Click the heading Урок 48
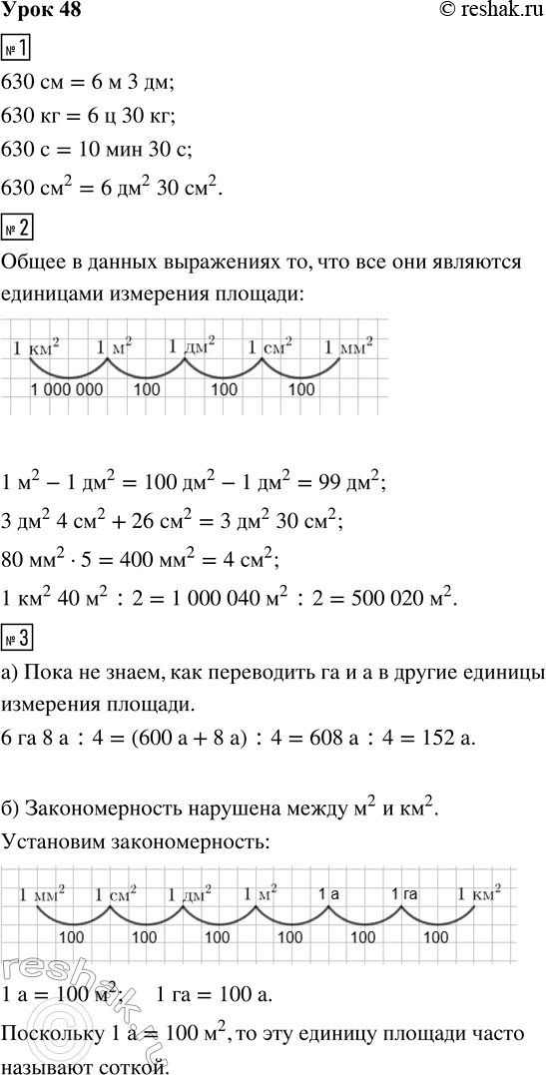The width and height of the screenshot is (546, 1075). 41,11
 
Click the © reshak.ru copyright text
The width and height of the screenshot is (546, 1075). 486,11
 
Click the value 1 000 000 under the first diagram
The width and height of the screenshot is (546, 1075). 67,389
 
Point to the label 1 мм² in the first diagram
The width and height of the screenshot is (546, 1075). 349,348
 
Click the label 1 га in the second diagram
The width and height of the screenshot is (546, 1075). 404,895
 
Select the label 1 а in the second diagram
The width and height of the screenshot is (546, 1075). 329,895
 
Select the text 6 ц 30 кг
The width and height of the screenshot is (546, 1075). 126,116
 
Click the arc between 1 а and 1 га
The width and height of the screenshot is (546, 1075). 364,918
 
